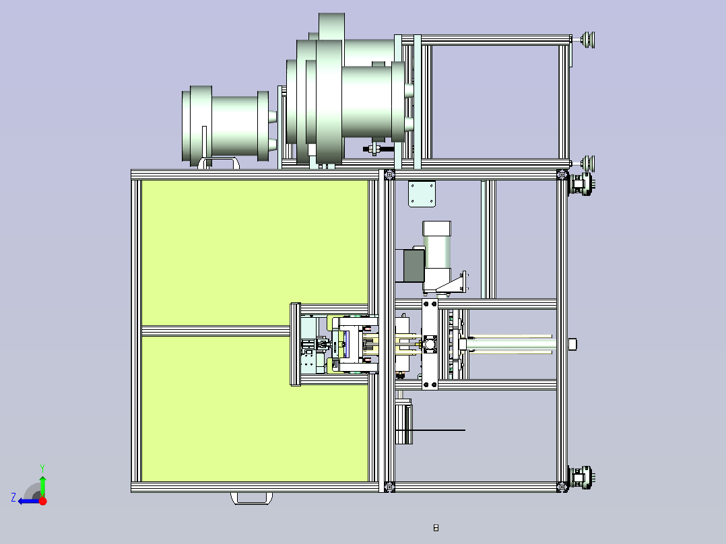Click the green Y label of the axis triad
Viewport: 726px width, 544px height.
point(42,468)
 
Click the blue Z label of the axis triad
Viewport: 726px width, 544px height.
point(13,498)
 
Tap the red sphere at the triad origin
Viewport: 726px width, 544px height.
point(42,501)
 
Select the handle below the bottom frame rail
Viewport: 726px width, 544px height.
point(251,499)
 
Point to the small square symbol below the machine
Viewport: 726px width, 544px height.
point(436,528)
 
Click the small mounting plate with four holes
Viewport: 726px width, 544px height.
point(422,193)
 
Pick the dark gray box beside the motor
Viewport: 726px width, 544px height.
point(414,265)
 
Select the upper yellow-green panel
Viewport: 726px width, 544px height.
point(255,252)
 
